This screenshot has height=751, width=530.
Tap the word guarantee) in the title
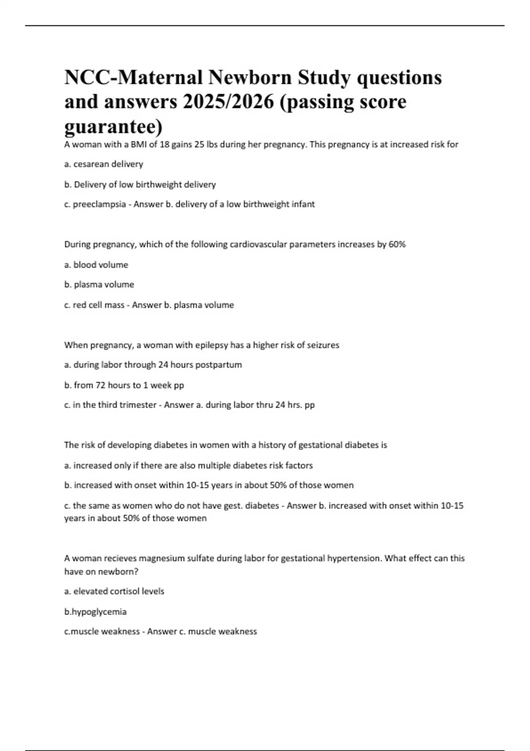point(114,127)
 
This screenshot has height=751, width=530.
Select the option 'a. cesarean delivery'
point(104,164)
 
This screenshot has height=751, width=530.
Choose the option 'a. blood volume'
point(96,265)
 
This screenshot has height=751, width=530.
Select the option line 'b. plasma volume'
point(99,284)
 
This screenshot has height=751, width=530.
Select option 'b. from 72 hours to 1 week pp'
point(124,385)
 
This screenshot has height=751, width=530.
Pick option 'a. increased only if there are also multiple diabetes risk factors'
point(189,465)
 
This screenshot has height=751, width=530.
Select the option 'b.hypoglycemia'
point(95,612)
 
